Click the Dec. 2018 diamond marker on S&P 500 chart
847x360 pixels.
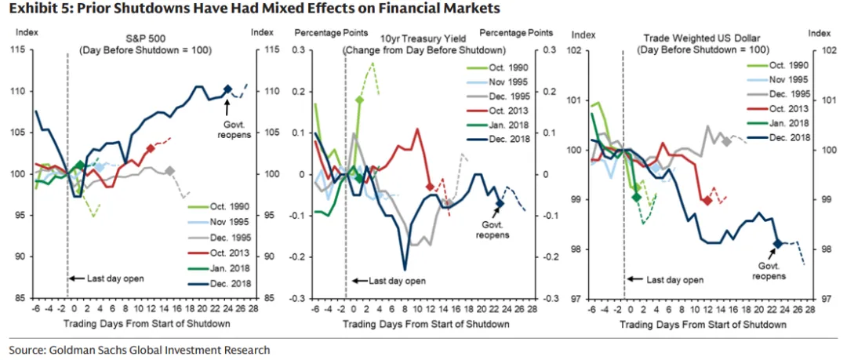pos(227,89)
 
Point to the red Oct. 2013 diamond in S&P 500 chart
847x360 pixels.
pos(151,148)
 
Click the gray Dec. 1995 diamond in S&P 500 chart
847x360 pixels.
pos(169,170)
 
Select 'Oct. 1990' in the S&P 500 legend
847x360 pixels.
pos(227,206)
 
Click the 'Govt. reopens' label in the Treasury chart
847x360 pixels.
pos(492,229)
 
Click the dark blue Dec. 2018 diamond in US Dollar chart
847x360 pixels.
pos(777,244)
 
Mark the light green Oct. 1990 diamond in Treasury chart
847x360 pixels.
pos(359,100)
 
